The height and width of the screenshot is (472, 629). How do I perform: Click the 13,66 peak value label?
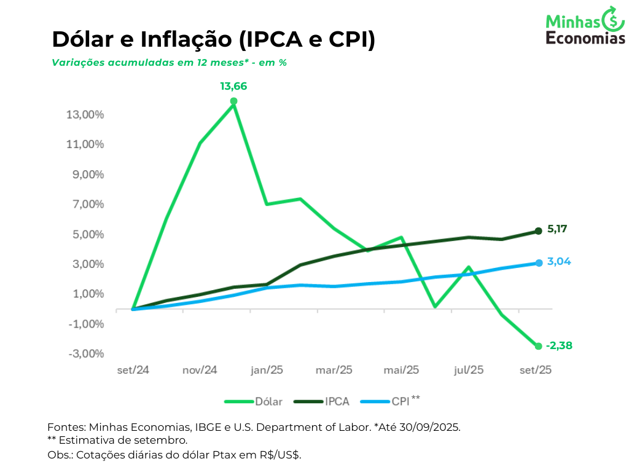coord(233,87)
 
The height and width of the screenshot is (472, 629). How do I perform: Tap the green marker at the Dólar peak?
coord(233,101)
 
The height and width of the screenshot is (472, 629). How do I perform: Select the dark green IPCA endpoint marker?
coord(539,231)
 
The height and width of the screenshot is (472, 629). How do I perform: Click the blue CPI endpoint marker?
coord(539,263)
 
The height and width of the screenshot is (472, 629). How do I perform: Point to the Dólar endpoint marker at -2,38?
coord(539,346)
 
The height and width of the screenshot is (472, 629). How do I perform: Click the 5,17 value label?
coord(557,229)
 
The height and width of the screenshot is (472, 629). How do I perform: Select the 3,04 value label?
coord(559,261)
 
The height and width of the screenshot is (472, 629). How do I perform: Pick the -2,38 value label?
coord(559,345)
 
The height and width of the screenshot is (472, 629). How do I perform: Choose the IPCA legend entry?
coord(322,402)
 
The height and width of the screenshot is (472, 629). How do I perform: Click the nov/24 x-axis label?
coord(200,370)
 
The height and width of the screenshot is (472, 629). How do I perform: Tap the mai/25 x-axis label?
coord(401,370)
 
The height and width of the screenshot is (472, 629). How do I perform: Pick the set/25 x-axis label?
coord(535,370)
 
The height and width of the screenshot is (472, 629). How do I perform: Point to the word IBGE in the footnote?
coord(208,427)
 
